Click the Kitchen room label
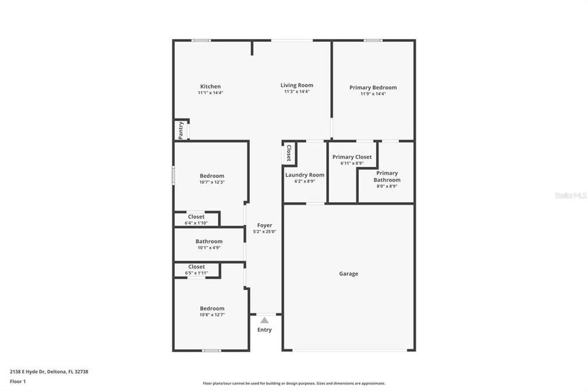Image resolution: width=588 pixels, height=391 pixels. pyautogui.click(x=210, y=87)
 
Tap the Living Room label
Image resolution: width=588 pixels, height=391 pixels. pyautogui.click(x=297, y=85)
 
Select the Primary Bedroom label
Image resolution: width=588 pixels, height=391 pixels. pyautogui.click(x=373, y=87)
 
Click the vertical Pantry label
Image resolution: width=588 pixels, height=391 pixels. pyautogui.click(x=181, y=130)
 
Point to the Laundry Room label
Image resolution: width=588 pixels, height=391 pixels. pyautogui.click(x=305, y=175)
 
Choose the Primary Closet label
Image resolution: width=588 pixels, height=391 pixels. pyautogui.click(x=352, y=157)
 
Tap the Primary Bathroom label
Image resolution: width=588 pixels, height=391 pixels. pyautogui.click(x=387, y=177)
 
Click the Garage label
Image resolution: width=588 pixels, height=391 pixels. pyautogui.click(x=348, y=274)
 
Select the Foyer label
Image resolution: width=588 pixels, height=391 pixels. pyautogui.click(x=264, y=225)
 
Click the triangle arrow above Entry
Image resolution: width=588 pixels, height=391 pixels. pyautogui.click(x=264, y=320)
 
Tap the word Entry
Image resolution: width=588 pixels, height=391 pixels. pyautogui.click(x=264, y=330)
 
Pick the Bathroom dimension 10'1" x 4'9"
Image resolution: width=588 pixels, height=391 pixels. pyautogui.click(x=209, y=248)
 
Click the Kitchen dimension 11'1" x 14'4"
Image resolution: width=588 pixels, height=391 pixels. pyautogui.click(x=210, y=93)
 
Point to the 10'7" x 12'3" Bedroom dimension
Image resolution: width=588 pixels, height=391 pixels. pyautogui.click(x=212, y=182)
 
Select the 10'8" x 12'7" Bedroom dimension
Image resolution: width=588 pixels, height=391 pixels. pyautogui.click(x=212, y=315)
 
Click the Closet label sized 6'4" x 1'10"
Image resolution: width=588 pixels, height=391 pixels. pyautogui.click(x=196, y=217)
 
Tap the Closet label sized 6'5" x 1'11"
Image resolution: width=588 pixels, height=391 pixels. pyautogui.click(x=196, y=267)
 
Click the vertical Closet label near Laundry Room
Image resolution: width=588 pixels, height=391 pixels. pyautogui.click(x=288, y=152)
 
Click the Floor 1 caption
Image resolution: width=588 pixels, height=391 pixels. pyautogui.click(x=17, y=381)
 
